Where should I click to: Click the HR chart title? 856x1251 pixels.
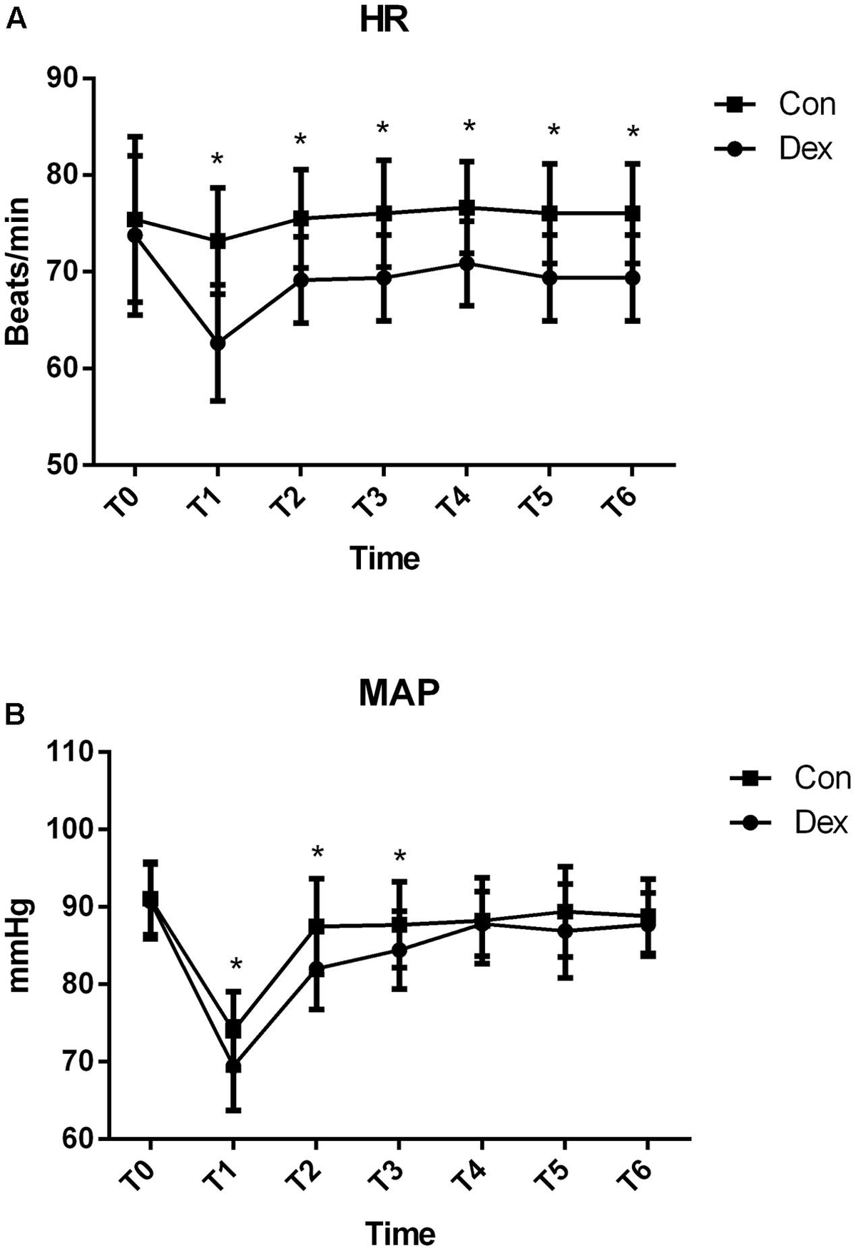pos(384,21)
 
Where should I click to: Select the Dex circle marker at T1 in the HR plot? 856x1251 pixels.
pos(218,343)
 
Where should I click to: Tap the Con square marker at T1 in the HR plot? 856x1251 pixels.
pos(218,241)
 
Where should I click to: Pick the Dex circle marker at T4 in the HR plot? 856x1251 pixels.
pos(467,263)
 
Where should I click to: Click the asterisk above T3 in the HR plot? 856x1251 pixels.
pos(383,129)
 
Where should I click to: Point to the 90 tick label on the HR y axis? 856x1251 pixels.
pos(63,78)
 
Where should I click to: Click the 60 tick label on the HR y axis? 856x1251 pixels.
pos(63,369)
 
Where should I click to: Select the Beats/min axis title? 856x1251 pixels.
pos(17,271)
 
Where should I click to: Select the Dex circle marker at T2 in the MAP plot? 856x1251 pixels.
pos(316,969)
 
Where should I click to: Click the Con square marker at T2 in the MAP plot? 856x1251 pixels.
pos(316,926)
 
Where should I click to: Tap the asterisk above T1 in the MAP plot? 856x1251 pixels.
pos(236,966)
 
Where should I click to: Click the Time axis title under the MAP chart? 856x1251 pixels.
pos(400,1233)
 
